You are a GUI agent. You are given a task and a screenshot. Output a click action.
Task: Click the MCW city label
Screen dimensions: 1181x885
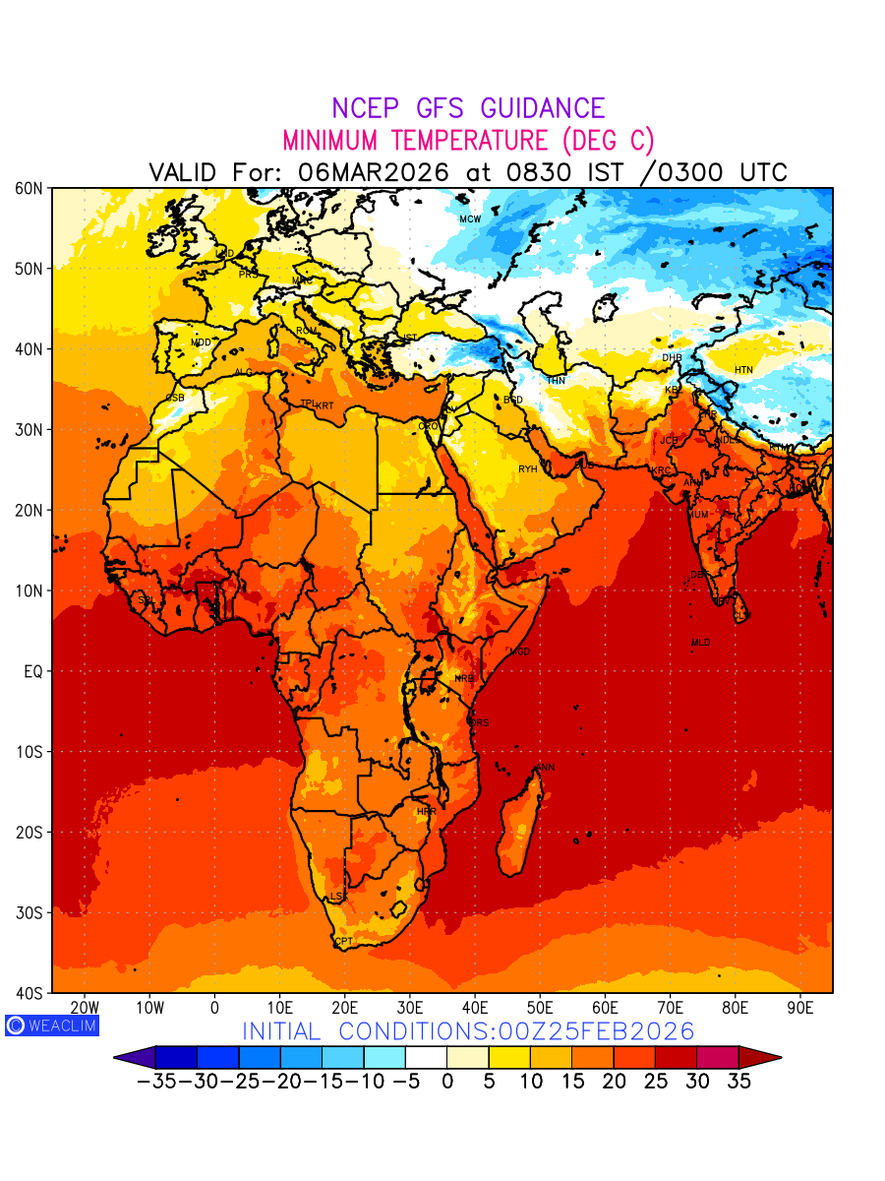point(470,218)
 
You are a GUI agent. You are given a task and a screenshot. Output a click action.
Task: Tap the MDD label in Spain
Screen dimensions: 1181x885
point(201,342)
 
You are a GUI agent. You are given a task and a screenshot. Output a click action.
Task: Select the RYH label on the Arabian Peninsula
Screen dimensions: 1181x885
point(528,469)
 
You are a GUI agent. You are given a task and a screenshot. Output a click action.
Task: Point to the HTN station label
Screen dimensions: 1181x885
point(743,370)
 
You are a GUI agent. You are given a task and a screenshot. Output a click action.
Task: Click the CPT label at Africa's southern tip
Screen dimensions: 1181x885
point(343,942)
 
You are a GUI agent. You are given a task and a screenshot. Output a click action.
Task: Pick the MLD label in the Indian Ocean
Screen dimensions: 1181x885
point(700,643)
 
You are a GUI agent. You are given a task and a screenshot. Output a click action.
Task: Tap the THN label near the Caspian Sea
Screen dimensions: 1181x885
point(556,380)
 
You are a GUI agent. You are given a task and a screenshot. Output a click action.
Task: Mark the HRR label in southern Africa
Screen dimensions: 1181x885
point(426,812)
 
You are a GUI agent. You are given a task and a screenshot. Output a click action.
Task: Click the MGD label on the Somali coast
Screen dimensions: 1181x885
point(519,652)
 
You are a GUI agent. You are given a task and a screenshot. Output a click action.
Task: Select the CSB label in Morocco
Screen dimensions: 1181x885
point(175,398)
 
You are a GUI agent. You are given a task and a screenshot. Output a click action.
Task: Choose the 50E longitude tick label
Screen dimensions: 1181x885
point(540,1008)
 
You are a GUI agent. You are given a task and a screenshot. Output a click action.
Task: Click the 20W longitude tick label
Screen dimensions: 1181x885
point(85,1008)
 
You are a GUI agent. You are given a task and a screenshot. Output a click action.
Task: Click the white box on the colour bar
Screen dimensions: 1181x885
point(426,1058)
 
